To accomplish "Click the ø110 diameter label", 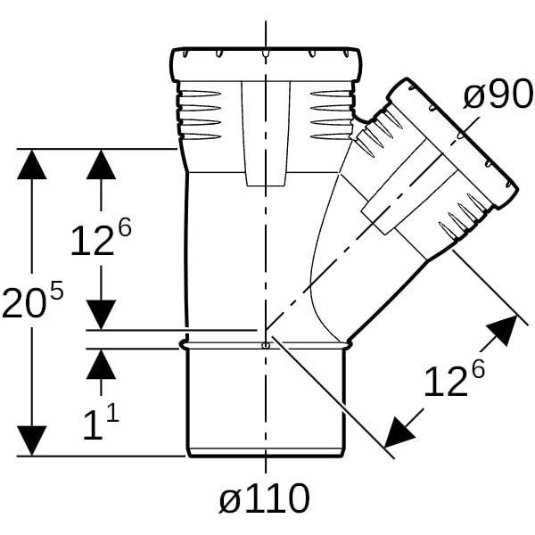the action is click(265, 498).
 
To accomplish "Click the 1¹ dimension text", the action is click(101, 423).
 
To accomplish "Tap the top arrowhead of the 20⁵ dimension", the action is click(32, 164).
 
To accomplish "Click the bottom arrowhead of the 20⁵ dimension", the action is click(32, 440).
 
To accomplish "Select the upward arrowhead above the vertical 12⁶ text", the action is click(101, 164).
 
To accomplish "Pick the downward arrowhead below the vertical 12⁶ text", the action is click(101, 315).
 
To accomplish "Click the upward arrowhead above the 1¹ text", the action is click(101, 364).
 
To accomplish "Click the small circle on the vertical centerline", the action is click(266, 346).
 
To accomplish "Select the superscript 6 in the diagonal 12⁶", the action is click(478, 369).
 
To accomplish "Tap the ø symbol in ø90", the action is click(473, 97).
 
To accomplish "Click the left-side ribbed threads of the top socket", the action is click(199, 114).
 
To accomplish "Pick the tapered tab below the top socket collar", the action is click(266, 134).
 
